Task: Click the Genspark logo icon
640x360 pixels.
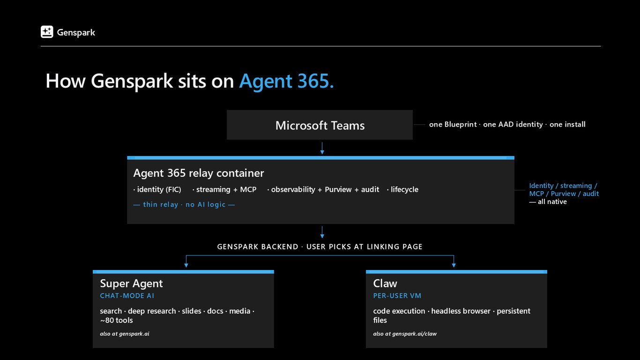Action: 47,32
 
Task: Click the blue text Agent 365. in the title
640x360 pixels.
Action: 286,81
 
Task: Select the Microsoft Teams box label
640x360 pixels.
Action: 320,126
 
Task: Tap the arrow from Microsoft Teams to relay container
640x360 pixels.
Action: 322,148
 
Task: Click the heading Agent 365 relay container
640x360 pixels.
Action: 199,173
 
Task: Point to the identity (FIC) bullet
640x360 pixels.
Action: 157,189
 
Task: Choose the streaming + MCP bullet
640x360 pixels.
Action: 224,189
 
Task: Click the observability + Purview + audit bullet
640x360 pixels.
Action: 323,189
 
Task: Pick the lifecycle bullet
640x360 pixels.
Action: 402,189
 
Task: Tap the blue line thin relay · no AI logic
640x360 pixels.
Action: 184,204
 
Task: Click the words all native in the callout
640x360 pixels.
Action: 552,202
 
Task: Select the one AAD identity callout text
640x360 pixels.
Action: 513,124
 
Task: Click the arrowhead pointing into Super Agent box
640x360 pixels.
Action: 186,265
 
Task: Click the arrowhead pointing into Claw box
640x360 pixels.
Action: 454,265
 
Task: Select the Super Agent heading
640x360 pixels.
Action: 131,284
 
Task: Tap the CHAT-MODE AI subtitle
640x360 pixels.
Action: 127,296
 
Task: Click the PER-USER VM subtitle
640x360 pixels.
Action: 397,296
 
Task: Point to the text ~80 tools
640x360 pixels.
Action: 116,320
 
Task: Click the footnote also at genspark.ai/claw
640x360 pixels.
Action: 405,334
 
